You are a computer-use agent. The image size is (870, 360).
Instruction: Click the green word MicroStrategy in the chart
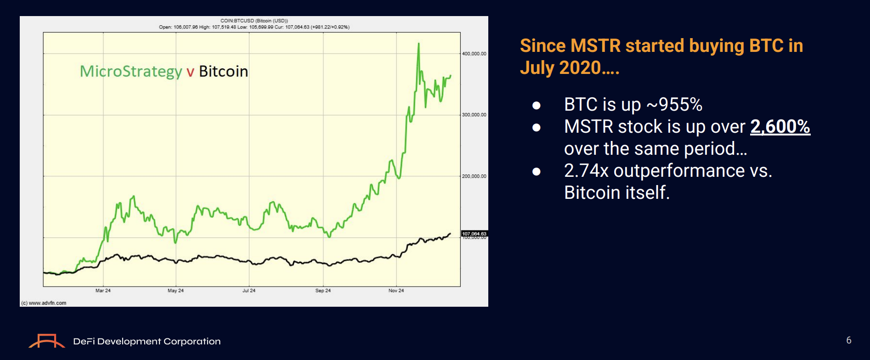[x=131, y=72]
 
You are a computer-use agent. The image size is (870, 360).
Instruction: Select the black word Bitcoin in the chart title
[x=223, y=72]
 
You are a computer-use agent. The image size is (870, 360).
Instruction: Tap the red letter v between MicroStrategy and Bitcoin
[x=190, y=72]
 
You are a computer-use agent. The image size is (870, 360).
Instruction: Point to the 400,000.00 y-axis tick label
[x=474, y=54]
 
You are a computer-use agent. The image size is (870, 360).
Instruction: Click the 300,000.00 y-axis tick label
[x=474, y=115]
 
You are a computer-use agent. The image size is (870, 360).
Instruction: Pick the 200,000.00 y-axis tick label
[x=474, y=176]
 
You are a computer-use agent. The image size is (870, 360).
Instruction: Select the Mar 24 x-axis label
[x=103, y=291]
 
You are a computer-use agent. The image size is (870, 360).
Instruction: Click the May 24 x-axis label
[x=175, y=291]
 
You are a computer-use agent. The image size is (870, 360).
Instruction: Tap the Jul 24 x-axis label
[x=249, y=291]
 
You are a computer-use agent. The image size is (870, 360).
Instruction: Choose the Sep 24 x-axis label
[x=323, y=291]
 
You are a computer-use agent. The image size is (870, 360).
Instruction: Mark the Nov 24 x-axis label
[x=396, y=291]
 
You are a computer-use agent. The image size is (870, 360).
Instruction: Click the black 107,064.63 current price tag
[x=474, y=234]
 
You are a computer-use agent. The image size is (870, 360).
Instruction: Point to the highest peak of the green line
[x=418, y=44]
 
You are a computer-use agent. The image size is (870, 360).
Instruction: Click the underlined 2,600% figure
[x=780, y=127]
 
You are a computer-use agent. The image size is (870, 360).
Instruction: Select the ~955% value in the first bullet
[x=675, y=105]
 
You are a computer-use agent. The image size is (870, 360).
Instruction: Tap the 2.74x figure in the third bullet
[x=586, y=171]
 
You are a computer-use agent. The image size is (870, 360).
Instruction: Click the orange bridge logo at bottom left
[x=46, y=341]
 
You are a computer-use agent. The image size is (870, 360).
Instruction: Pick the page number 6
[x=849, y=340]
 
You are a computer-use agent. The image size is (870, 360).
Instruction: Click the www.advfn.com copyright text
[x=45, y=303]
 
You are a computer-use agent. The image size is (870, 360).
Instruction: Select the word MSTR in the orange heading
[x=595, y=46]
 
